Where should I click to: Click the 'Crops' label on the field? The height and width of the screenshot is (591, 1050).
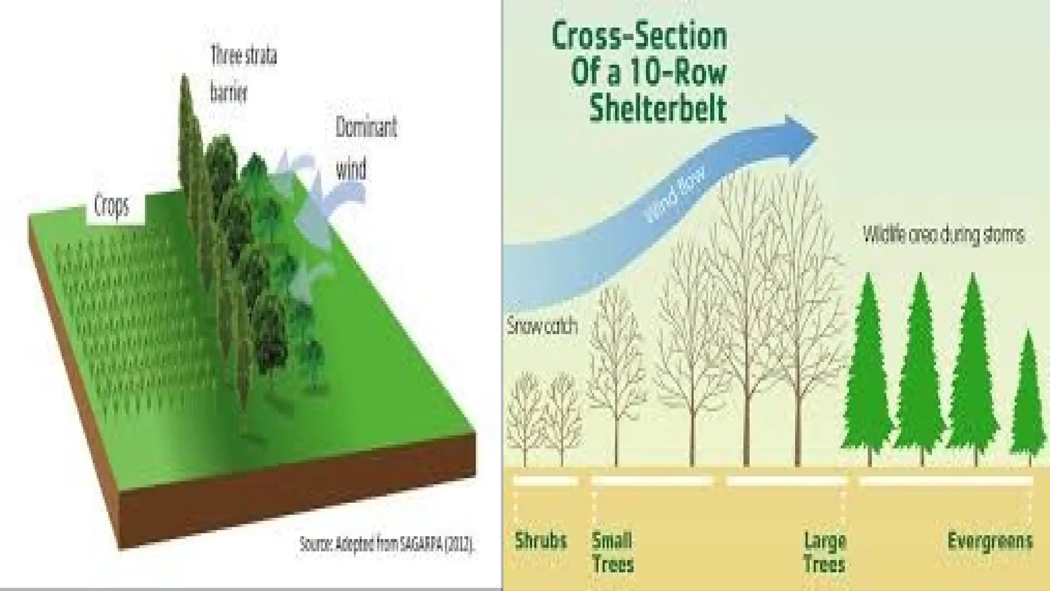coord(112,206)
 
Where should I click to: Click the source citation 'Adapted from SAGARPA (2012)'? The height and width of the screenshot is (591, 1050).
coord(387,544)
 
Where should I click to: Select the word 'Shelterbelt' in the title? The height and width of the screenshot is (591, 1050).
coord(658,108)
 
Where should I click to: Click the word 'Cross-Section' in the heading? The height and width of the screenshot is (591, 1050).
coord(639,36)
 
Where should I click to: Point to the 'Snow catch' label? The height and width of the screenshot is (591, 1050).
coord(542,326)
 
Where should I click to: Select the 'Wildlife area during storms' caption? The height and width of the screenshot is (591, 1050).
coord(943,235)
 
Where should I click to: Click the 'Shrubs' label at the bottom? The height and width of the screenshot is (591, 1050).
coord(540,541)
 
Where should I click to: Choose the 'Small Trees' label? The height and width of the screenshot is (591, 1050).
coord(613,552)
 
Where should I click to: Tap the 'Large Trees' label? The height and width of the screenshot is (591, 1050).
coord(824,552)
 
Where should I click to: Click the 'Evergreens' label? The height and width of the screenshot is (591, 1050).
coord(990,541)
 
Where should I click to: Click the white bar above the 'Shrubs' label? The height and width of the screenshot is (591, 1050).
coord(546,481)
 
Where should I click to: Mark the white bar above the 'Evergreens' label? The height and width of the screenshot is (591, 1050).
coord(946,481)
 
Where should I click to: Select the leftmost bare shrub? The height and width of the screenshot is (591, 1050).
coord(525,416)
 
